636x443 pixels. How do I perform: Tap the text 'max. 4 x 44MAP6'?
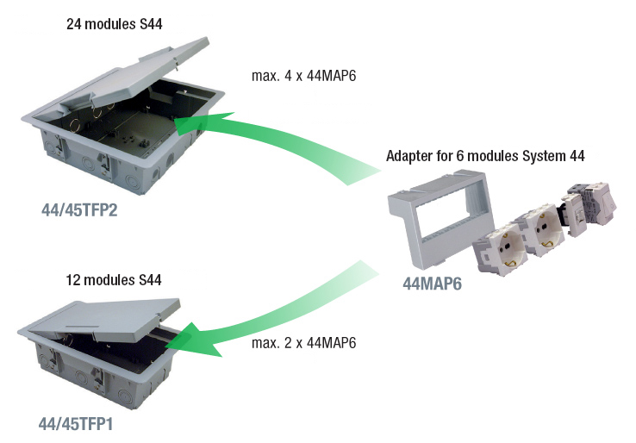tap(303, 76)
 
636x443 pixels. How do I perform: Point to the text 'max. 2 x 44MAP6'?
tap(303, 343)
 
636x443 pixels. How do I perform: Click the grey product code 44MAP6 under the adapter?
tap(433, 284)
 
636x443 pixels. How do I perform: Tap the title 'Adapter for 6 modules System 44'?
tap(485, 157)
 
